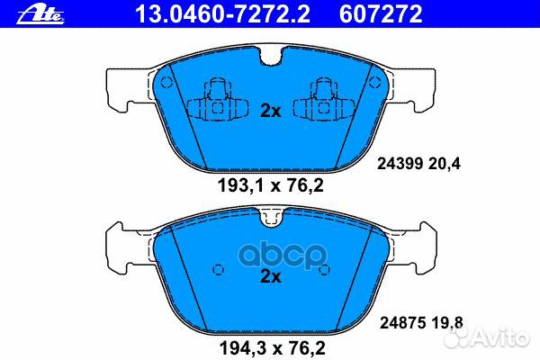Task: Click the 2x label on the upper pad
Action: pos(271,112)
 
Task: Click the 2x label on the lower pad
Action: pos(271,277)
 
